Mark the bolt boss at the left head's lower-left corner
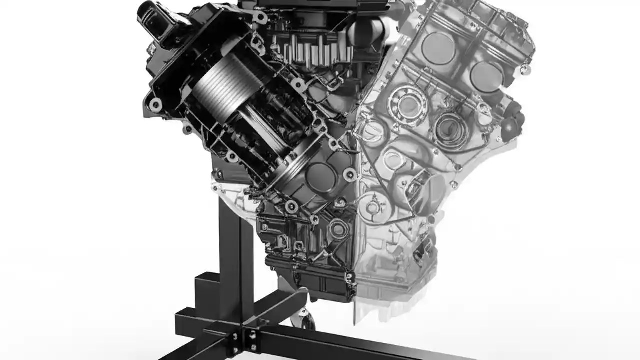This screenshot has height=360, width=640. pyautogui.click(x=155, y=104)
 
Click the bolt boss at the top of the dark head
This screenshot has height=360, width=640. pyautogui.click(x=259, y=17)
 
